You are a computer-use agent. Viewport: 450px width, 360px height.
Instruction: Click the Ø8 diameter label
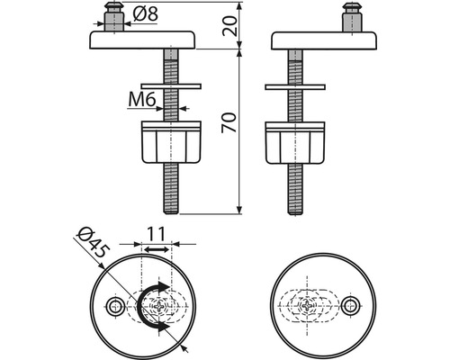[x=145, y=14]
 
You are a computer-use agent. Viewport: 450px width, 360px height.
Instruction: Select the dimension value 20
[x=229, y=26]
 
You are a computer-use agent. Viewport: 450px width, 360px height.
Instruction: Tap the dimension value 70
[x=229, y=122]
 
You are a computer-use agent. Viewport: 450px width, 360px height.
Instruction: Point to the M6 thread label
[x=142, y=99]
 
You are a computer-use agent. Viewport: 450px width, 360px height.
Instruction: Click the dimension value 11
[x=157, y=234]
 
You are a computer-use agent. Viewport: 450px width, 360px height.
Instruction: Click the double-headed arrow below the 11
[x=157, y=249]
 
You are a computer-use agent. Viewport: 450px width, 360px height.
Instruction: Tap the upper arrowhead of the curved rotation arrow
[x=163, y=287]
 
